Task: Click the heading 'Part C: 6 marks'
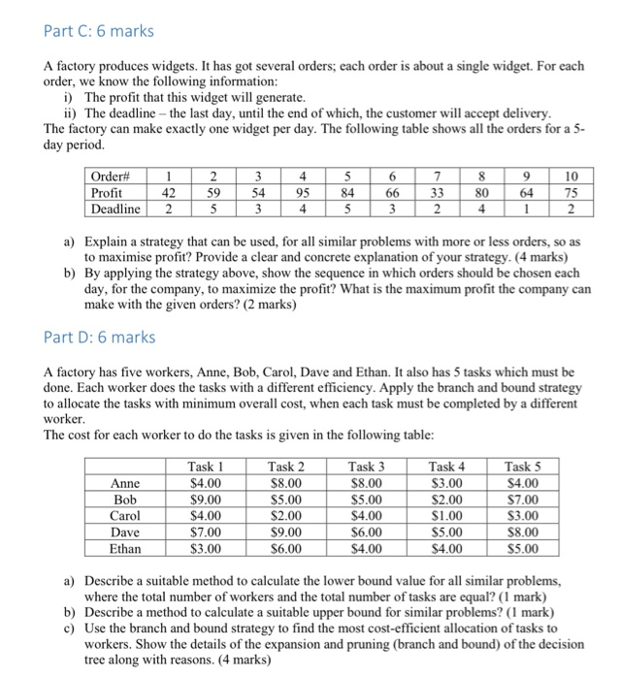[x=99, y=31]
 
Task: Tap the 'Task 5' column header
[x=528, y=467]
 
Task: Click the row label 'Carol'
[x=126, y=515]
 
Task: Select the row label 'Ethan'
[x=126, y=548]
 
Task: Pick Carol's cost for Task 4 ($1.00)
[x=450, y=515]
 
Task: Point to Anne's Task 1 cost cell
[x=206, y=483]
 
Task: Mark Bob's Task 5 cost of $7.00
[x=528, y=500]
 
